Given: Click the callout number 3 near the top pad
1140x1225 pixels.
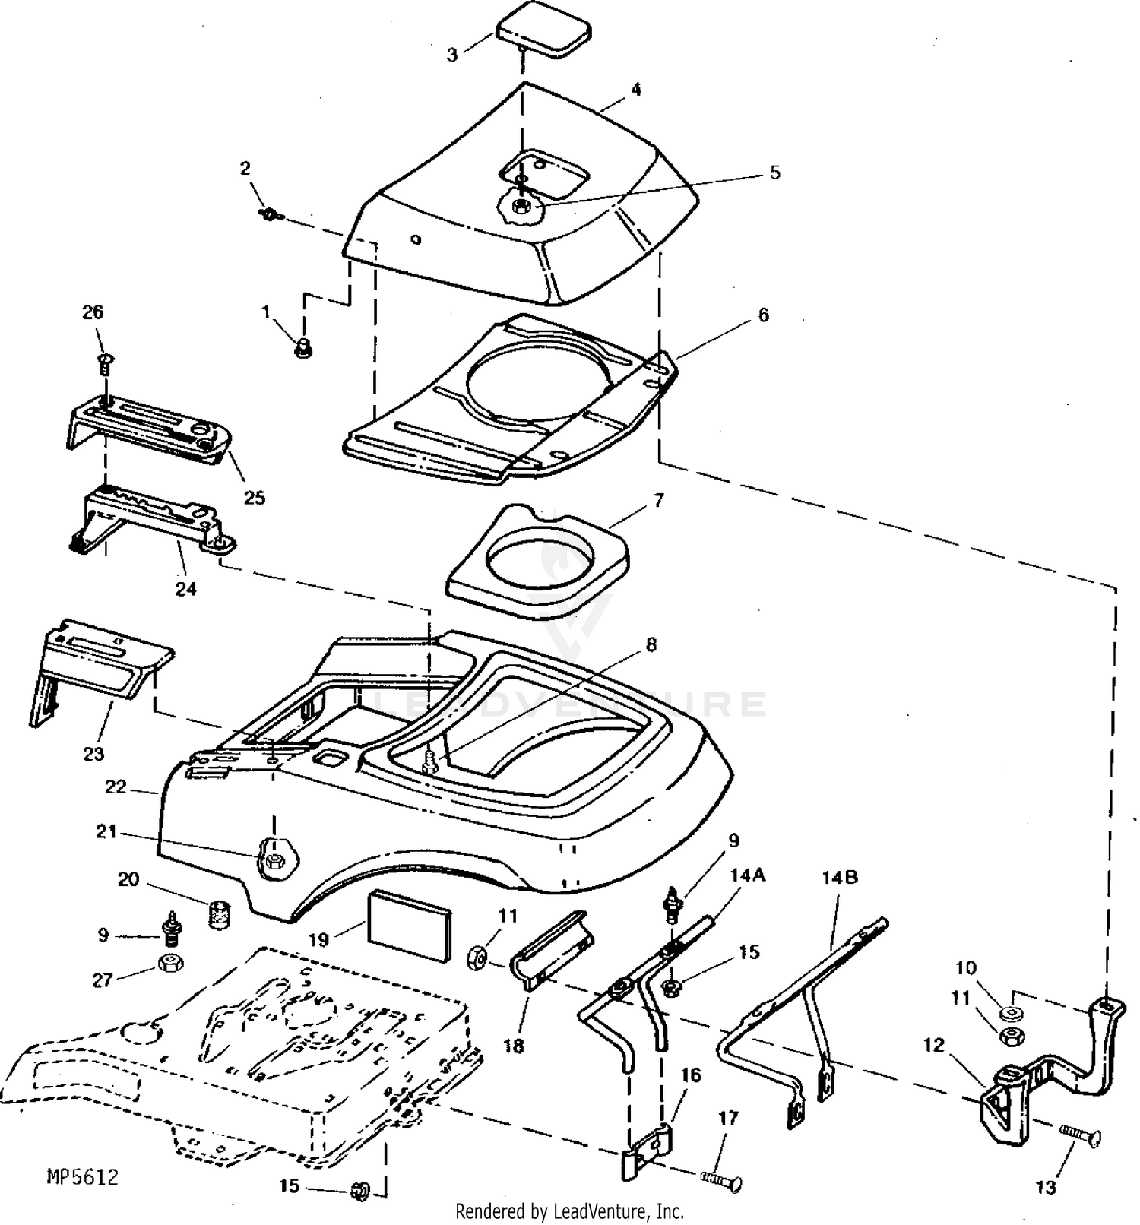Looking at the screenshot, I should coord(452,55).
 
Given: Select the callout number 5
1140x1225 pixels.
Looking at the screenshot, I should coord(774,173).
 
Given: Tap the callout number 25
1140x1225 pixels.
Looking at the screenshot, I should coord(254,498).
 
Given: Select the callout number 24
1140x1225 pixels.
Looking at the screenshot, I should coord(186,588).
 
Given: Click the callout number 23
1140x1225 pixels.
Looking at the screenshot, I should coord(93,754).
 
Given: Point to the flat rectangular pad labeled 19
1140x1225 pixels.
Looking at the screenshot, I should coord(409,927).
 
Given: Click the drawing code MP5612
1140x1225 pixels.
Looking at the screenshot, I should coord(83,1177).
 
